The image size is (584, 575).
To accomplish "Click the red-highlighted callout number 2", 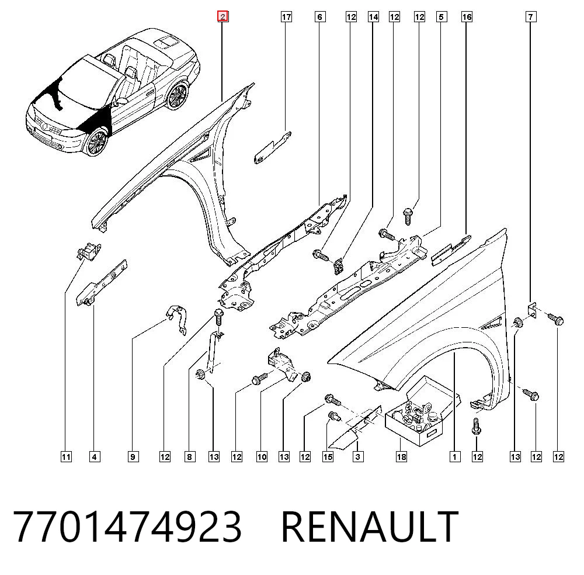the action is (x=223, y=16).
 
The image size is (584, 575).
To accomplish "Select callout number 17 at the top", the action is (x=286, y=17).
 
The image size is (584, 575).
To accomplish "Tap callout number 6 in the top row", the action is (x=320, y=17).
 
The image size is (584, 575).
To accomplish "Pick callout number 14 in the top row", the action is (x=373, y=17).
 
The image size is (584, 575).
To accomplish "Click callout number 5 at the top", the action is (x=442, y=17).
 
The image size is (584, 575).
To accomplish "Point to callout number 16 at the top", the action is (x=467, y=17).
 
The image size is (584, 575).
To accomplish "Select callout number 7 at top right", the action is (x=531, y=17).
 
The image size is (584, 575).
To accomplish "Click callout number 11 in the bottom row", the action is (x=66, y=456).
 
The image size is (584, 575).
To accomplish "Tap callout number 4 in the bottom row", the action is (x=95, y=456).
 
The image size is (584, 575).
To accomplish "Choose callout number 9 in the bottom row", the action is (x=133, y=456).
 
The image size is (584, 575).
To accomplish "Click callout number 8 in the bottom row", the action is (x=190, y=456).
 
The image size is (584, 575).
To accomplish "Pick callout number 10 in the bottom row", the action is (x=262, y=456).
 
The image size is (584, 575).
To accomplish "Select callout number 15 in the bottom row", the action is (x=328, y=456).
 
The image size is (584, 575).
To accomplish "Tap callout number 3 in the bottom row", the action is (x=358, y=456).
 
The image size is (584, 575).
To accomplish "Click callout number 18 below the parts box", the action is (x=401, y=456).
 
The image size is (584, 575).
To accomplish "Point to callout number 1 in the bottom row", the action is (x=454, y=456).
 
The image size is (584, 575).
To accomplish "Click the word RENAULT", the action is (x=370, y=527).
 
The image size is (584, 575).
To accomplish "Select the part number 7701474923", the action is (x=127, y=527).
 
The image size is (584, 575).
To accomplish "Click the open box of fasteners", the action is (x=423, y=412).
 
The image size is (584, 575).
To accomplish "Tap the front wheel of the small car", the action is (x=97, y=143).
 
